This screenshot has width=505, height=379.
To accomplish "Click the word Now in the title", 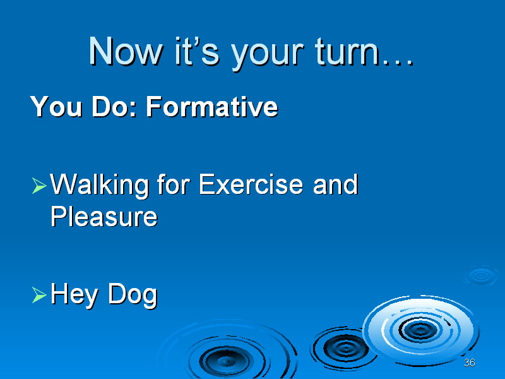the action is click(126, 52).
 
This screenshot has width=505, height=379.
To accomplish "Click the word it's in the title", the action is click(197, 52).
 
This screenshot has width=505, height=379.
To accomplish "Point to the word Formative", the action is click(212, 106).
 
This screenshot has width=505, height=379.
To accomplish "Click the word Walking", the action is click(99, 185).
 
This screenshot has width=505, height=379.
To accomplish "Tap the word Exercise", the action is click(251, 184).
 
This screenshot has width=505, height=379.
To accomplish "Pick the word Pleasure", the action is click(104, 217).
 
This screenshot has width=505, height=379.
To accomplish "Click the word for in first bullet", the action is click(174, 184).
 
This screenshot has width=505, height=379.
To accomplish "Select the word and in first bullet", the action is click(336, 184).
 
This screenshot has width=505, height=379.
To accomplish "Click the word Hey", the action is click(74, 295).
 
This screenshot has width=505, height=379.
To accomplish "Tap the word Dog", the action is click(133, 295).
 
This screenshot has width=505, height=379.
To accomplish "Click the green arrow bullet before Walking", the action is click(39, 185).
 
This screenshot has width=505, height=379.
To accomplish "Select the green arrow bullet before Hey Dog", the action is click(39, 295).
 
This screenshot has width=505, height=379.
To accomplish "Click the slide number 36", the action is click(470, 363).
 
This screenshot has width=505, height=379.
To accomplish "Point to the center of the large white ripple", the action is click(420, 330).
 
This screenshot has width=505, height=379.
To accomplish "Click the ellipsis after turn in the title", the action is click(397, 63).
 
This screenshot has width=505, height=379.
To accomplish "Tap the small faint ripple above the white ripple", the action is click(481, 276).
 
